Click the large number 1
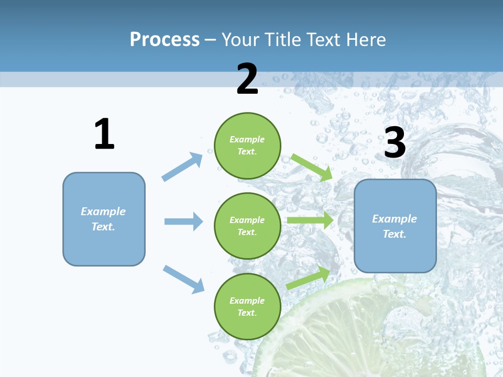(104, 135)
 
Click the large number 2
(247, 79)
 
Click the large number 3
(395, 143)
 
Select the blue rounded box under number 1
(104, 219)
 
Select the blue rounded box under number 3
(395, 226)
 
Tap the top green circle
(247, 146)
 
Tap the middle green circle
(247, 226)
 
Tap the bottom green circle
(247, 306)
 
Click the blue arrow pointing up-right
(182, 167)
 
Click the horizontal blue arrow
(183, 221)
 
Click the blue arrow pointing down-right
(183, 279)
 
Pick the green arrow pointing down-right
(312, 167)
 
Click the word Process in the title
(165, 40)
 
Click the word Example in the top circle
(247, 139)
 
